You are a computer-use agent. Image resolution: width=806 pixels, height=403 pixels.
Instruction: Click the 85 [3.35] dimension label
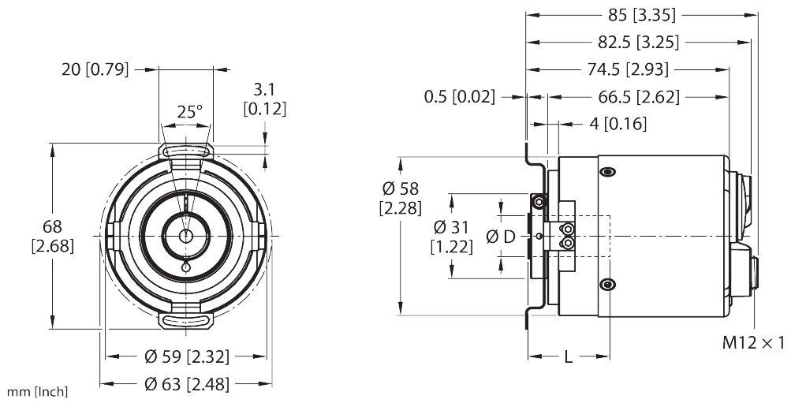coord(643,15)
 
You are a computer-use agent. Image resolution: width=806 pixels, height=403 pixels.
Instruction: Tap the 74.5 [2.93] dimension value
coord(629,70)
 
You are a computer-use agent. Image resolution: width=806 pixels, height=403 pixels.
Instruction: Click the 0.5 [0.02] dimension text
coord(460,97)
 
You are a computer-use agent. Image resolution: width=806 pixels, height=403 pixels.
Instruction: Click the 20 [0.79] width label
coord(95,69)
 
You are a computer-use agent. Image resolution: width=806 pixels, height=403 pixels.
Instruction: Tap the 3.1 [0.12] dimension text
coord(264,97)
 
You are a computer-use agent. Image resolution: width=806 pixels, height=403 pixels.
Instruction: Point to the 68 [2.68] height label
coord(53,236)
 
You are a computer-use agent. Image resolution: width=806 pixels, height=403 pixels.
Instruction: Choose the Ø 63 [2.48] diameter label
coord(187,384)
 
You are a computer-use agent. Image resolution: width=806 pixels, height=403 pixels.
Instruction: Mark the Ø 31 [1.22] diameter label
coord(451,237)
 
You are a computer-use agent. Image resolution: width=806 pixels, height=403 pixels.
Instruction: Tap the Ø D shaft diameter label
coord(501,237)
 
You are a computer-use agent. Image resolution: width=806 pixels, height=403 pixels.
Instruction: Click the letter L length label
coord(568,356)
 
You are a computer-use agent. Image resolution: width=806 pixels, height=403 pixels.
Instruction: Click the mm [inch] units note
coord(36,391)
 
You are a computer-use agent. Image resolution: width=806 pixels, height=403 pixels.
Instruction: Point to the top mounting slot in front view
coord(186,149)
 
